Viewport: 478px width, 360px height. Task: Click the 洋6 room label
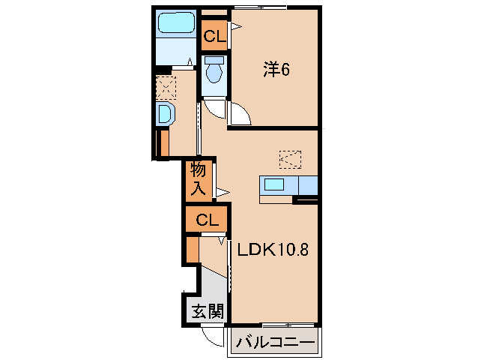point(275,70)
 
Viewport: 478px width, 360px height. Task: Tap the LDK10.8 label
point(272,250)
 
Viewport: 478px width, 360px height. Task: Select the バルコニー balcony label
point(276,343)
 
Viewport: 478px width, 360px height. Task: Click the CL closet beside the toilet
point(214,35)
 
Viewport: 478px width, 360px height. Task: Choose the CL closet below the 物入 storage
point(207,220)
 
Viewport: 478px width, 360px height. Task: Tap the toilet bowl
point(214,71)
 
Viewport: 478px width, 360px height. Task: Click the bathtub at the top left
point(176,24)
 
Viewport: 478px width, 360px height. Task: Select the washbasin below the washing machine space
point(165,114)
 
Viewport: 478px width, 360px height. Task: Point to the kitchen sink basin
point(273,184)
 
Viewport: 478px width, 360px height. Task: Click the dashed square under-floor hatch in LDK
point(289,158)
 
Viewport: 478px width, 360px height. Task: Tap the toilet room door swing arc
point(215,108)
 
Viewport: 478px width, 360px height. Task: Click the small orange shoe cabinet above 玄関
point(192,250)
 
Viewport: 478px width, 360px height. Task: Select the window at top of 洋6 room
point(258,7)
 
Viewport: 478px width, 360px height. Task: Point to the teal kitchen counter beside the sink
point(307,184)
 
